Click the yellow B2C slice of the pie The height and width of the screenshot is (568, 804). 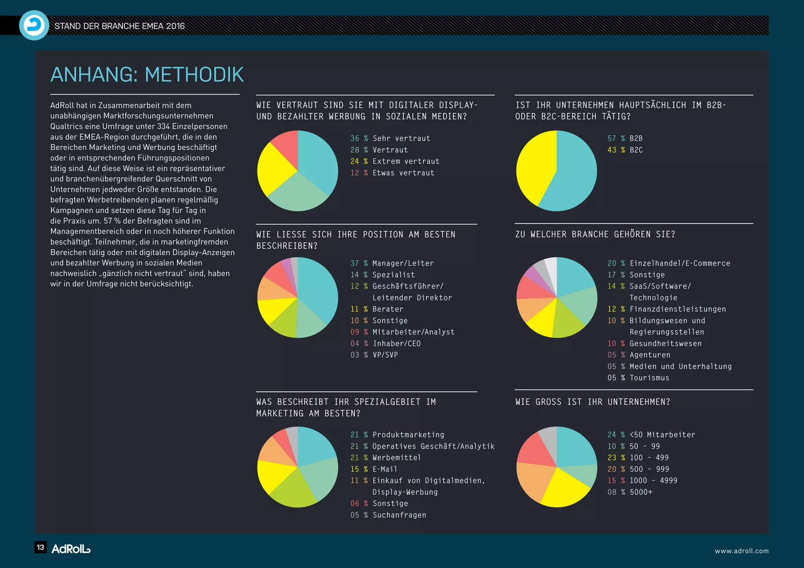(x=534, y=169)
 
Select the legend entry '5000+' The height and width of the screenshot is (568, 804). (x=641, y=492)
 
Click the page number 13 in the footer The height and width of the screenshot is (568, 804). (x=40, y=548)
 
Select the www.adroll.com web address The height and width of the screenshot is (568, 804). (x=742, y=551)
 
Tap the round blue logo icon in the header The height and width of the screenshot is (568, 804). (x=34, y=25)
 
